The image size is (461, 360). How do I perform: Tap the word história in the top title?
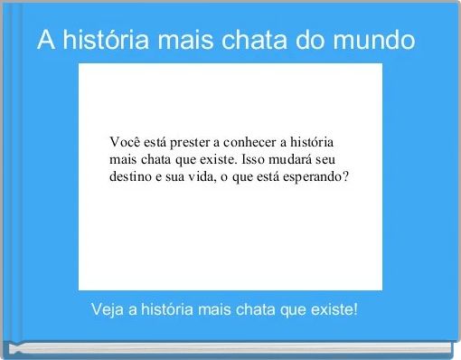click(x=101, y=41)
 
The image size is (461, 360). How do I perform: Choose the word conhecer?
click(x=257, y=143)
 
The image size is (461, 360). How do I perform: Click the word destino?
click(x=131, y=176)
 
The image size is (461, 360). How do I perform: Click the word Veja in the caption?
click(x=108, y=310)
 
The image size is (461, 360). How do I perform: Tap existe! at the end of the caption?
click(x=334, y=310)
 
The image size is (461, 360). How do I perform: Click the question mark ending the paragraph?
click(x=345, y=176)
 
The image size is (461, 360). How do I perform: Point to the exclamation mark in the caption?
click(x=355, y=310)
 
